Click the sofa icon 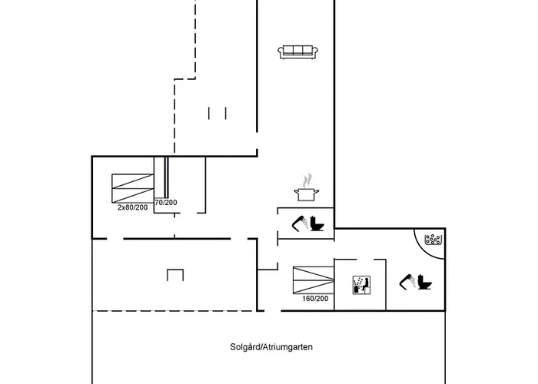pyautogui.click(x=298, y=51)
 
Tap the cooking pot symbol pyautogui.click(x=305, y=194)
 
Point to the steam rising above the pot pyautogui.click(x=307, y=180)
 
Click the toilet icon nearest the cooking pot pyautogui.click(x=318, y=224)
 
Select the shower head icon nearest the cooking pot pyautogui.click(x=299, y=223)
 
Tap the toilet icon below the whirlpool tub pyautogui.click(x=424, y=283)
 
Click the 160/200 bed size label pyautogui.click(x=315, y=299)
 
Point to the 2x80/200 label pyautogui.click(x=132, y=207)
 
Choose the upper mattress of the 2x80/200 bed pyautogui.click(x=132, y=181)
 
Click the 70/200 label pyautogui.click(x=165, y=202)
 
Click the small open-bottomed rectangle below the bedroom pyautogui.click(x=175, y=274)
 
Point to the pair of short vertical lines pyautogui.click(x=218, y=113)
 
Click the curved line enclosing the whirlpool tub pyautogui.click(x=419, y=243)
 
